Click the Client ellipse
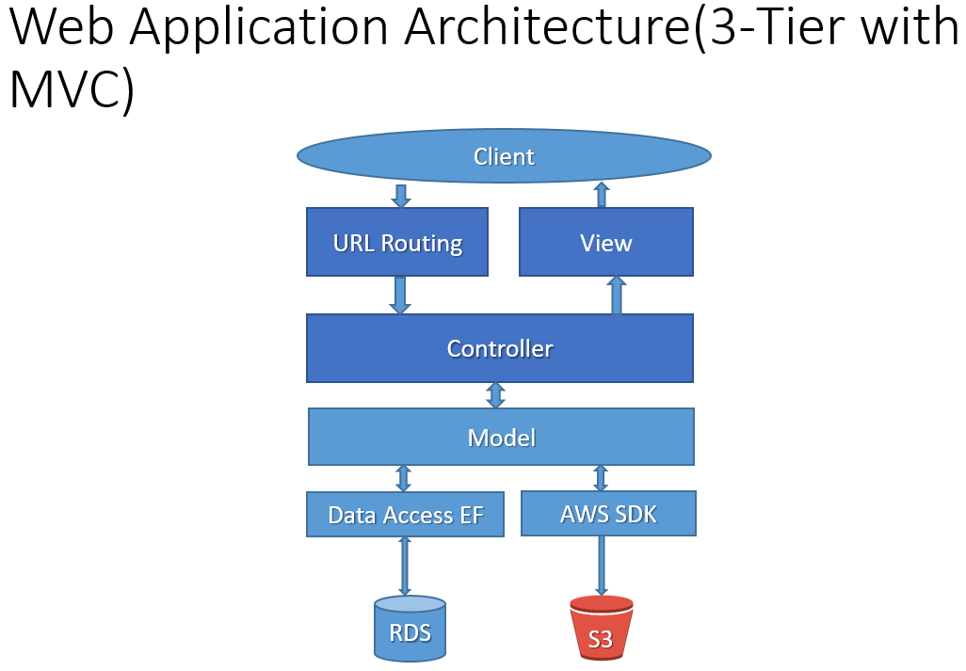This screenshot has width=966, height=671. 504,155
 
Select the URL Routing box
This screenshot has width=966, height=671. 397,242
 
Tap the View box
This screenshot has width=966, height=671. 606,242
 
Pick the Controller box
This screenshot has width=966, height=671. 500,348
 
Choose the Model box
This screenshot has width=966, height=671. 501,437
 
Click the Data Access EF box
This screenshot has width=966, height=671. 406,514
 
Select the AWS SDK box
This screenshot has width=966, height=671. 608,514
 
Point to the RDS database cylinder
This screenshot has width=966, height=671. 410,629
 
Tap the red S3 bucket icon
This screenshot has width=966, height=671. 602,628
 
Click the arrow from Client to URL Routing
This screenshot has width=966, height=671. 401,195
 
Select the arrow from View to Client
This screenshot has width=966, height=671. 602,195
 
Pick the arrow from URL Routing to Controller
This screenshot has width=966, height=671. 400,295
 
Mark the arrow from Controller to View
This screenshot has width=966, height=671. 617,295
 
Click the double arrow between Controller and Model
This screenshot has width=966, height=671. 496,395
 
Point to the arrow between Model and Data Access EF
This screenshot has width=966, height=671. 404,478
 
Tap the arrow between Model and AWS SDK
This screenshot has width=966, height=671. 601,478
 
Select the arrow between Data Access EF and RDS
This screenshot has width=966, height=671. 405,566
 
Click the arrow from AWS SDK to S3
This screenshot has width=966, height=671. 602,566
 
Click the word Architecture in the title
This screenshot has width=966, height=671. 548,27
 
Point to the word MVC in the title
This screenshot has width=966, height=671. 65,89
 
